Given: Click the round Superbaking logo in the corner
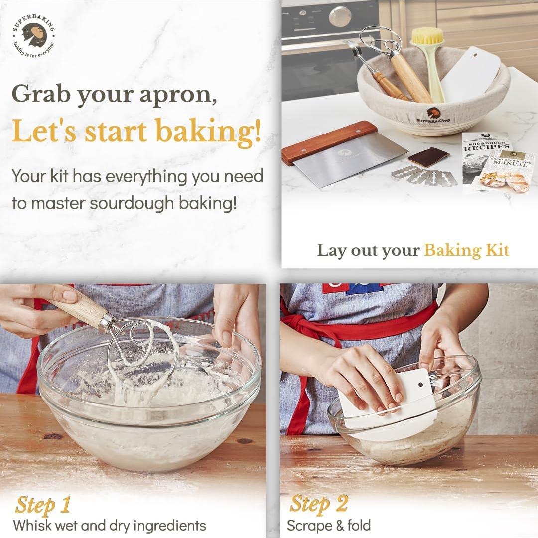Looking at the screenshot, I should tap(34, 37).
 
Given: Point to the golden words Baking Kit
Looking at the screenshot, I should tap(467, 250).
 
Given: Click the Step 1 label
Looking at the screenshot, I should tap(43, 505).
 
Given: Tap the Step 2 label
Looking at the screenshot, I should tap(319, 504).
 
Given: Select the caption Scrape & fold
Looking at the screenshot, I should tap(329, 525).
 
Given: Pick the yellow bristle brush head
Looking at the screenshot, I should tap(427, 36).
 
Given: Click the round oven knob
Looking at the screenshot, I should tap(340, 17).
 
